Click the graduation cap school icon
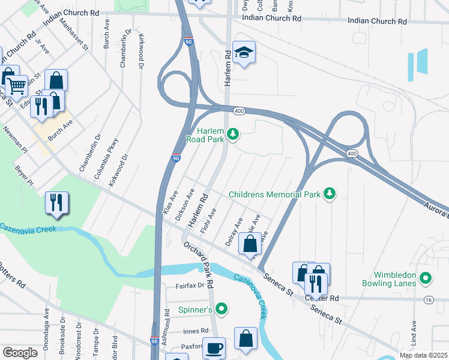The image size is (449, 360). click(x=244, y=53)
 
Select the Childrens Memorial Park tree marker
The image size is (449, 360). click(x=328, y=193)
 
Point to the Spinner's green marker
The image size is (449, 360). click(x=221, y=309)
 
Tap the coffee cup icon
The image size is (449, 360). click(x=214, y=347)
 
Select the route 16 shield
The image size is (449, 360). click(x=428, y=299)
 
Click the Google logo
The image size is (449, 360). click(x=20, y=352)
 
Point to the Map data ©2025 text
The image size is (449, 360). click(x=423, y=355)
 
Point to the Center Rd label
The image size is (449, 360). click(x=322, y=298)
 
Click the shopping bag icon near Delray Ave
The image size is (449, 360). click(x=250, y=244)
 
